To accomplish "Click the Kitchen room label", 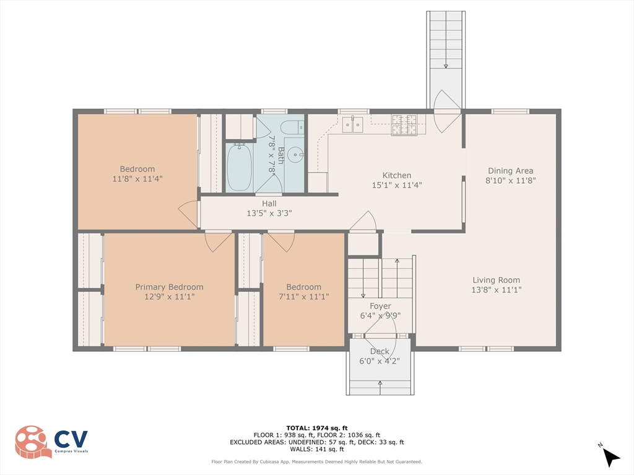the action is (397, 175).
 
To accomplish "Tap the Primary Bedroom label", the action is (169, 287).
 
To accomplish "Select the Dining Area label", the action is (510, 171).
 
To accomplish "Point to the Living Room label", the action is (496, 280).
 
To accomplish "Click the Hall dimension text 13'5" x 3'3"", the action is (269, 213).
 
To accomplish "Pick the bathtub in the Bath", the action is (240, 167).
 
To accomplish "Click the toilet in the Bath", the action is (292, 127).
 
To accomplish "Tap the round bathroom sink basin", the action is (297, 154).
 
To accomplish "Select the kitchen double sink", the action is (352, 124).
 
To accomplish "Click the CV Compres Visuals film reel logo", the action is (33, 442).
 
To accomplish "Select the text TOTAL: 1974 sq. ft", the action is (317, 428).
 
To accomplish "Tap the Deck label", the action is (380, 351).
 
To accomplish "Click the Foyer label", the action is (380, 306).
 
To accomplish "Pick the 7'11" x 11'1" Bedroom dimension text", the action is (303, 297).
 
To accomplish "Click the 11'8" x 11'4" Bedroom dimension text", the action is (137, 179).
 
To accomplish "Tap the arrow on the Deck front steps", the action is (380, 387).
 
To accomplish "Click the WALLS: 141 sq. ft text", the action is (317, 449).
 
